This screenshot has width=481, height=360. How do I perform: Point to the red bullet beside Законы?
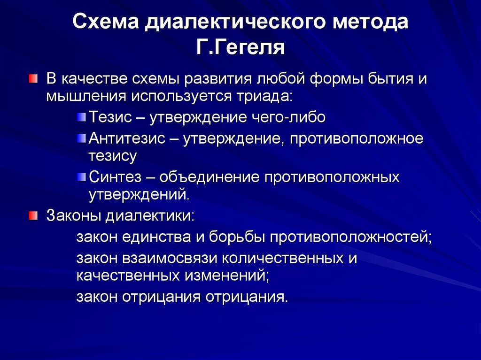32,216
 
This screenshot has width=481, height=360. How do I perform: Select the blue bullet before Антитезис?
82,138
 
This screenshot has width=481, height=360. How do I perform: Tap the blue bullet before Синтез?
82,177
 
